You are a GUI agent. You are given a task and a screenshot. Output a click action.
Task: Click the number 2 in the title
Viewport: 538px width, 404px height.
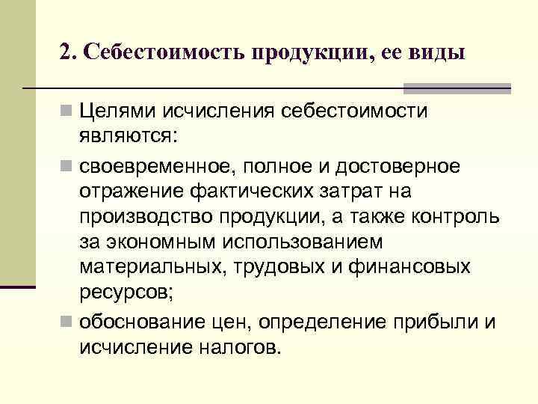[66, 53]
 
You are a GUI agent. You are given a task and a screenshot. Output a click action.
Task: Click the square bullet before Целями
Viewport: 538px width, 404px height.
[66, 112]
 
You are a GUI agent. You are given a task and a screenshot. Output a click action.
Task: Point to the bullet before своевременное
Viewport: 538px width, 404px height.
[66, 165]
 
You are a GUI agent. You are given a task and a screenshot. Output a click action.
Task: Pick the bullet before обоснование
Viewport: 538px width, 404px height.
[66, 322]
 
